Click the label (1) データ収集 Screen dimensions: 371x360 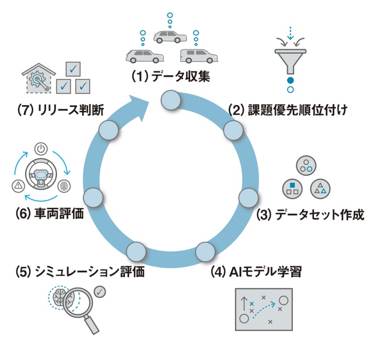click(x=171, y=77)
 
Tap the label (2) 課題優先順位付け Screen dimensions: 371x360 click(x=288, y=110)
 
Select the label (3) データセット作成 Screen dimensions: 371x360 click(x=310, y=215)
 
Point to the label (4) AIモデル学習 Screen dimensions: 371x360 click(x=256, y=271)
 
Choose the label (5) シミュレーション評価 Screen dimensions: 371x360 click(x=80, y=271)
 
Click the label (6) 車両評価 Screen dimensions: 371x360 click(x=50, y=214)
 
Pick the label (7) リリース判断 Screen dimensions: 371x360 click(x=61, y=110)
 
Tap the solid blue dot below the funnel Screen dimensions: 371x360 click(x=291, y=81)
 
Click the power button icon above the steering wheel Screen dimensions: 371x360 click(x=41, y=149)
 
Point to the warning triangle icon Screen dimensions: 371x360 click(x=18, y=185)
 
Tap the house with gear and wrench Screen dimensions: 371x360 click(x=39, y=78)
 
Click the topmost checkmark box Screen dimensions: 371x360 click(x=73, y=69)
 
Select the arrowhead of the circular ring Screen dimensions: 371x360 click(x=139, y=107)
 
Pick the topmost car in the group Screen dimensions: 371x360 click(x=170, y=37)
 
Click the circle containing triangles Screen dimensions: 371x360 click(x=320, y=189)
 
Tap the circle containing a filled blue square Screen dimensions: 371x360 click(x=292, y=189)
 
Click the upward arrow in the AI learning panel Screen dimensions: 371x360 click(x=244, y=304)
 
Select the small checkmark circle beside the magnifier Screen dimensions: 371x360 click(x=100, y=292)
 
